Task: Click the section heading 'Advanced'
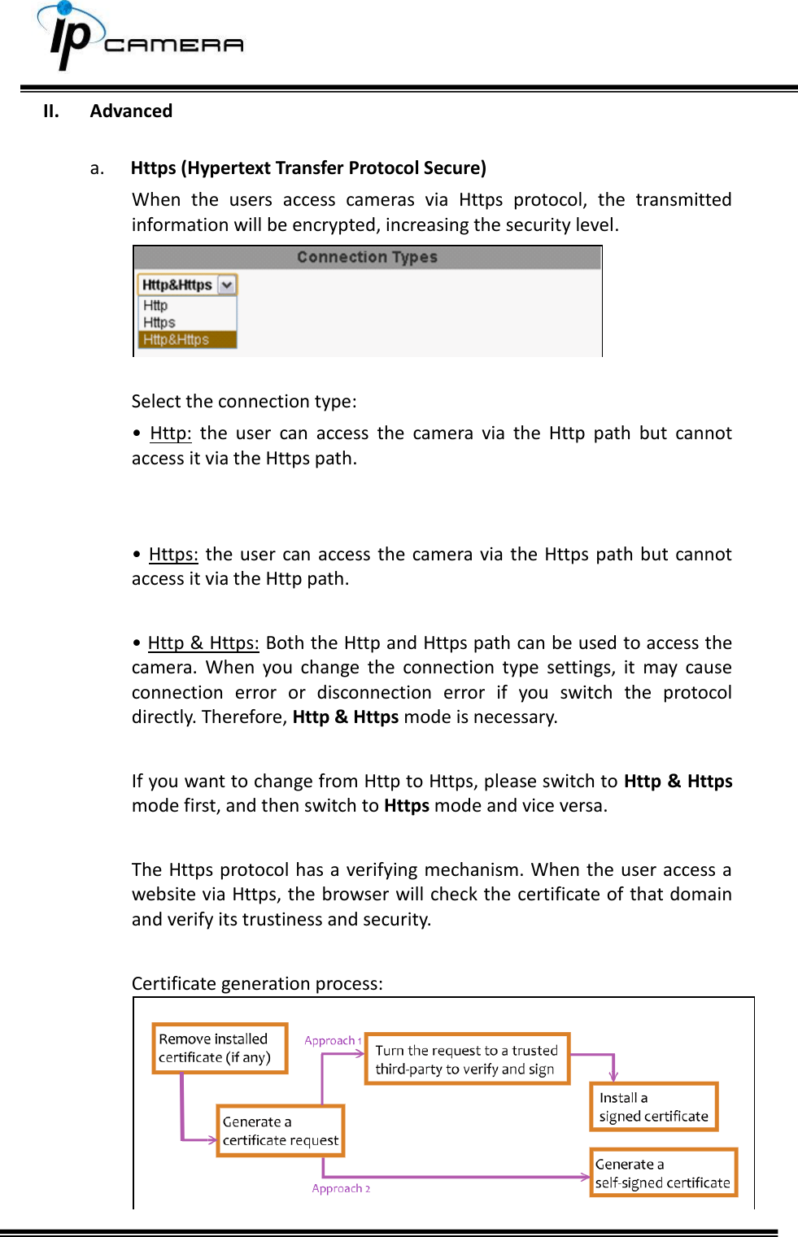pos(131,111)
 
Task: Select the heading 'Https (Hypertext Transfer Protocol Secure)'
pos(308,168)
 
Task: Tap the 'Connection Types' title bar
pos(367,258)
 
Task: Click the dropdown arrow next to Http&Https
pos(227,285)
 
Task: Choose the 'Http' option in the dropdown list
pos(155,306)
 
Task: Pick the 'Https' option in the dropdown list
pos(159,323)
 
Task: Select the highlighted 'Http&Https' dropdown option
pos(177,340)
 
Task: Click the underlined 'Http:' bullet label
pos(170,433)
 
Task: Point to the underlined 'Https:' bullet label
pos(173,555)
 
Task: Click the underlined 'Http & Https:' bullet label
pos(203,643)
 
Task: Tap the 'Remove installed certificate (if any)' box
pos(220,1048)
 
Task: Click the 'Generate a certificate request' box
pos(280,1130)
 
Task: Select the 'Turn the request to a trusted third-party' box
pos(467,1059)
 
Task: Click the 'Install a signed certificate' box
pos(653,1107)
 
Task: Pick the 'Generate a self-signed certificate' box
pos(663,1173)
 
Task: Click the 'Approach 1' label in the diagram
pos(333,1041)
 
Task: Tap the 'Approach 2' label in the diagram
pos(341,1188)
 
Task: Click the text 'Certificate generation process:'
pos(257,984)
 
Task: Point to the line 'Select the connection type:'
pos(244,402)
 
